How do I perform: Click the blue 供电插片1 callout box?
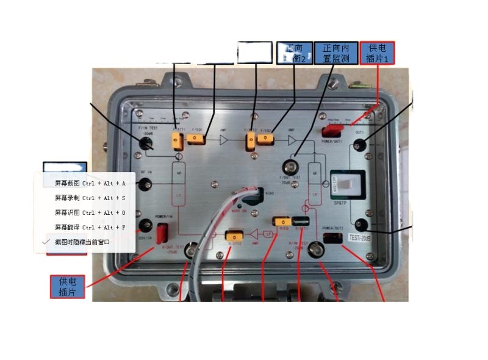click(x=378, y=53)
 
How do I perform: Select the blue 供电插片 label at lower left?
click(x=67, y=287)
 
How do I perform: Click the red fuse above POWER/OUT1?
click(x=333, y=129)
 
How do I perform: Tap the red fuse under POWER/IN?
click(x=163, y=232)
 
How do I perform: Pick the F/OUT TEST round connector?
click(x=290, y=166)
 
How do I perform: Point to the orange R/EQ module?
click(x=282, y=221)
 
